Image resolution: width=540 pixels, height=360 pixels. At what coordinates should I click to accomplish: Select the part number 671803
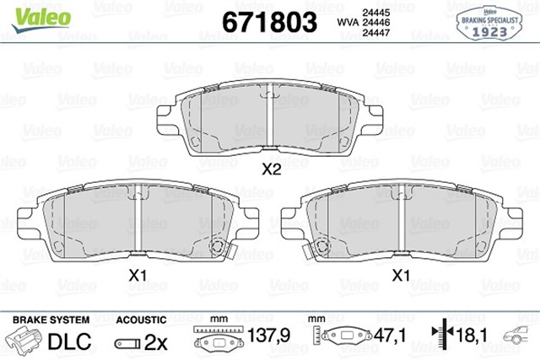pyautogui.click(x=268, y=20)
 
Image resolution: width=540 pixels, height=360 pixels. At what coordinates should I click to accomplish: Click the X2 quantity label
pyautogui.click(x=270, y=169)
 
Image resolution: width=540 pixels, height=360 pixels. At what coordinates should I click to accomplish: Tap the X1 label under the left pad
pyautogui.click(x=138, y=275)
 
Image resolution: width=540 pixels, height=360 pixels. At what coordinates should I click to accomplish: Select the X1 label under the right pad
pyautogui.click(x=402, y=275)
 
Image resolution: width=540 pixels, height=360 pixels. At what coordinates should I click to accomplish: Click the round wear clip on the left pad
pyautogui.click(x=217, y=248)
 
